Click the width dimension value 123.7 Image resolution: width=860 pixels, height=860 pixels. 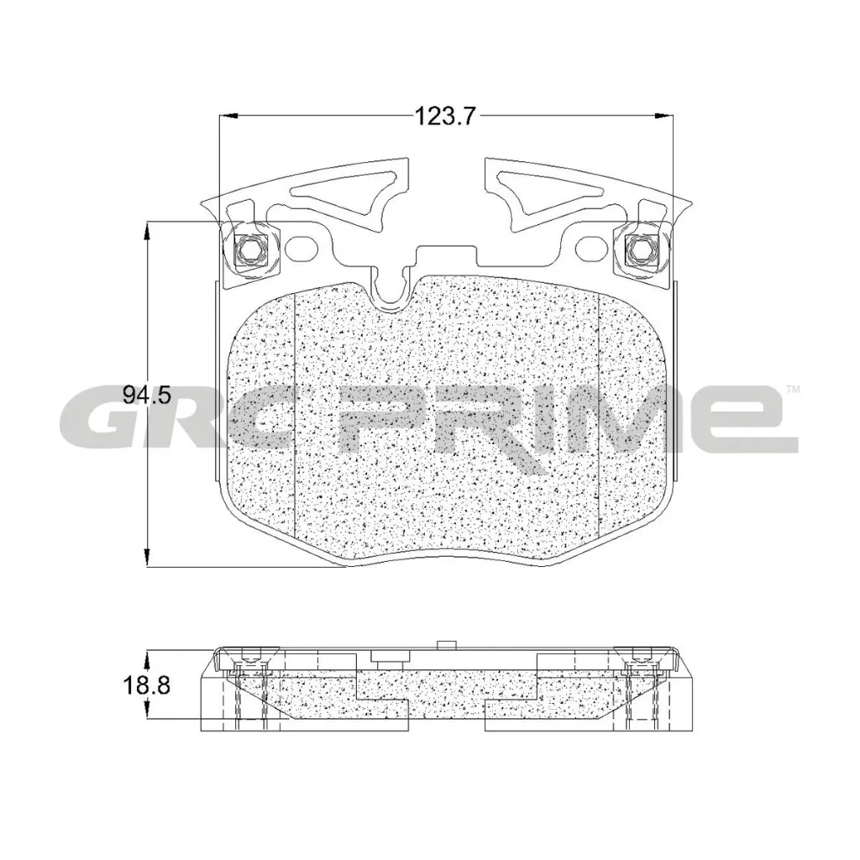coord(444,117)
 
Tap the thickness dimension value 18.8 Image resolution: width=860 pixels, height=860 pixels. coord(147,685)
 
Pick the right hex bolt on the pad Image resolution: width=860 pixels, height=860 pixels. coord(639,249)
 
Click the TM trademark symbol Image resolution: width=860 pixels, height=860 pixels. coord(792,390)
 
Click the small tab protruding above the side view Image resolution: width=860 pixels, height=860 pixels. coord(446,645)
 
